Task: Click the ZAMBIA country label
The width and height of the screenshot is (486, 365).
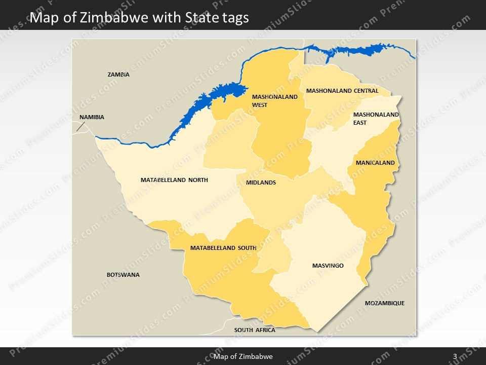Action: pyautogui.click(x=118, y=75)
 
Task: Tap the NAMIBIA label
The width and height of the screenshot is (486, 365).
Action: pyautogui.click(x=92, y=117)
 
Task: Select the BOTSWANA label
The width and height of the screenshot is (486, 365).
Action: pyautogui.click(x=123, y=275)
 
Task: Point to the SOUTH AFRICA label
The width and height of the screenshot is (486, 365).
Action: pyautogui.click(x=255, y=330)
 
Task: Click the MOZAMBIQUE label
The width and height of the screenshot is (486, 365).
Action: pyautogui.click(x=385, y=303)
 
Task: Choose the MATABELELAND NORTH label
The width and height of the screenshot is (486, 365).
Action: pyautogui.click(x=174, y=180)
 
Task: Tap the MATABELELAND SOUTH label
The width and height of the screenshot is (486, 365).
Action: pyautogui.click(x=223, y=248)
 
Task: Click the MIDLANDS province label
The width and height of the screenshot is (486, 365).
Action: pyautogui.click(x=261, y=182)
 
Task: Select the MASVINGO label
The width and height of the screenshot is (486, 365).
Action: pyautogui.click(x=328, y=266)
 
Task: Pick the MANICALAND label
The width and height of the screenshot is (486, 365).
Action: pyautogui.click(x=375, y=163)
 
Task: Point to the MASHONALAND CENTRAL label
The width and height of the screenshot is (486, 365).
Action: pyautogui.click(x=342, y=91)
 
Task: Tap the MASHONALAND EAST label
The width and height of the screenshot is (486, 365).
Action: pyautogui.click(x=376, y=119)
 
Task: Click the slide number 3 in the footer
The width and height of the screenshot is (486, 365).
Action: pyautogui.click(x=455, y=356)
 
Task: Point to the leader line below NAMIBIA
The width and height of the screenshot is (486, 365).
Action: pyautogui.click(x=80, y=126)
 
